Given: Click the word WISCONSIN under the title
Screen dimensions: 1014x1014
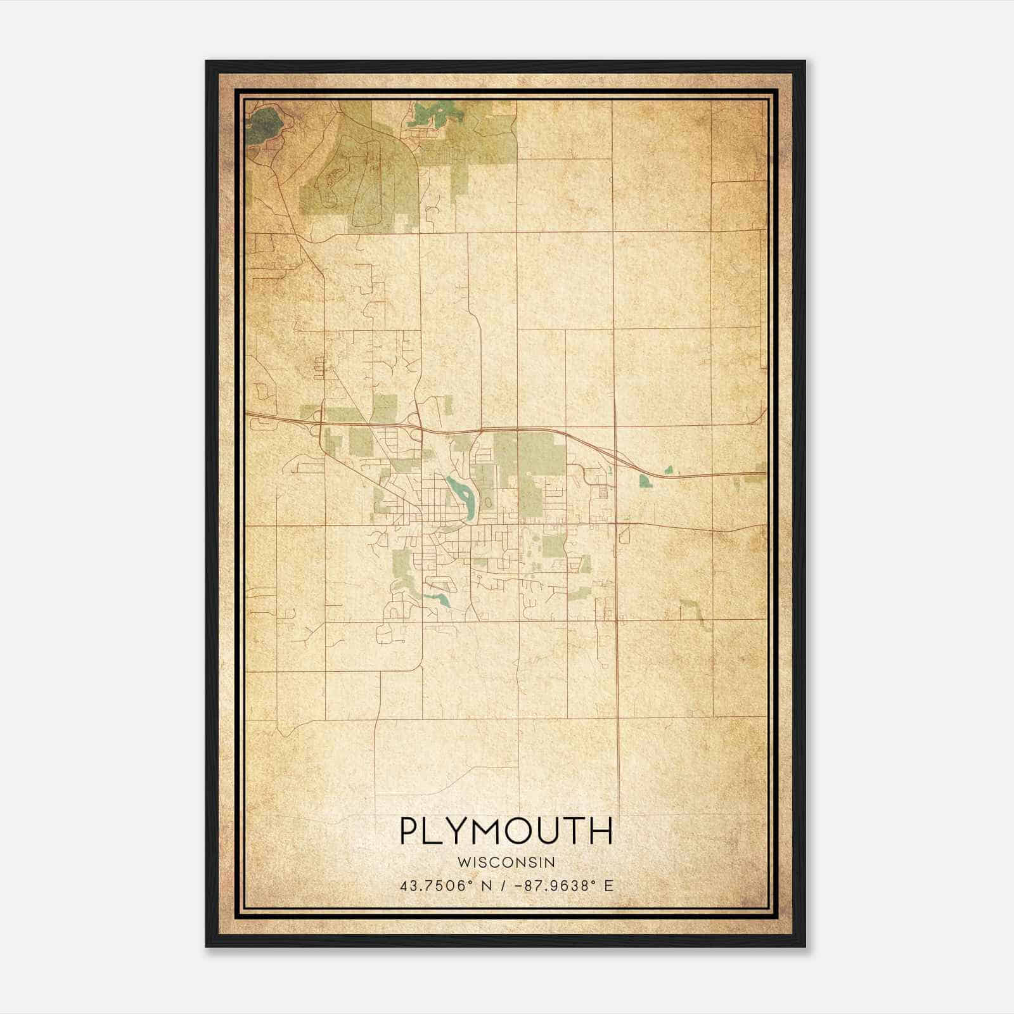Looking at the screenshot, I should click(x=506, y=862).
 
